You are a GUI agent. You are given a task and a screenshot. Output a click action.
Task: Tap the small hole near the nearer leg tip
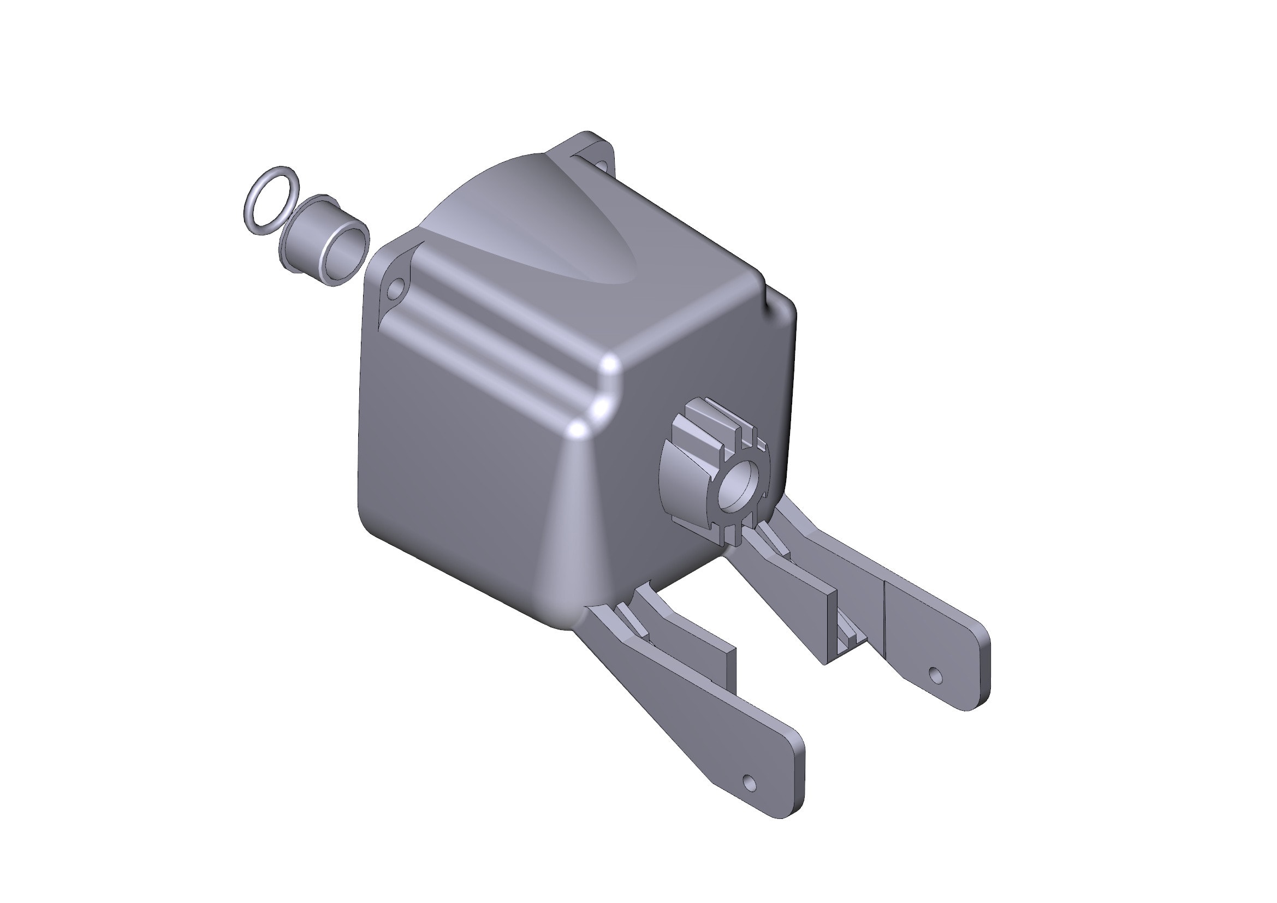click(x=749, y=783)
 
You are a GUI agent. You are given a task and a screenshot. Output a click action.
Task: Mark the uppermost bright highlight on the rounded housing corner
click(x=610, y=365)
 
